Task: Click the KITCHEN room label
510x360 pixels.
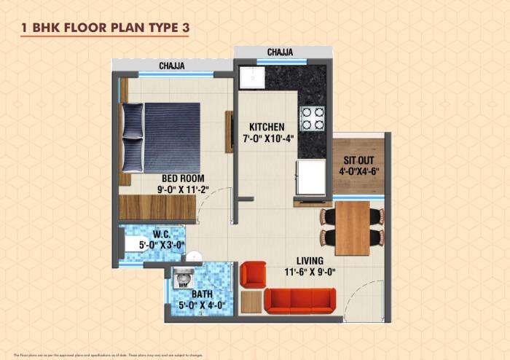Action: tap(266, 126)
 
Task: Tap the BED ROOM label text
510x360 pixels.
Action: tap(184, 178)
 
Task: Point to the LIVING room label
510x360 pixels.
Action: tap(315, 260)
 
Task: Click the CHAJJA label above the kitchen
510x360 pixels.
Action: tap(280, 52)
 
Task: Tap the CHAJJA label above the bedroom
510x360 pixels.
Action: tap(172, 66)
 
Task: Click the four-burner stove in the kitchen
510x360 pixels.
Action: tap(313, 119)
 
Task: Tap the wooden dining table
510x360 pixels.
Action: tap(352, 227)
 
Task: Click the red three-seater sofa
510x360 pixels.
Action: tap(299, 300)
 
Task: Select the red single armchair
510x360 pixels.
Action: tap(254, 274)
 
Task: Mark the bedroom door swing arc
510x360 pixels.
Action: tap(213, 209)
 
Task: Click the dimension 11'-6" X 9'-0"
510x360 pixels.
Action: tap(315, 273)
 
